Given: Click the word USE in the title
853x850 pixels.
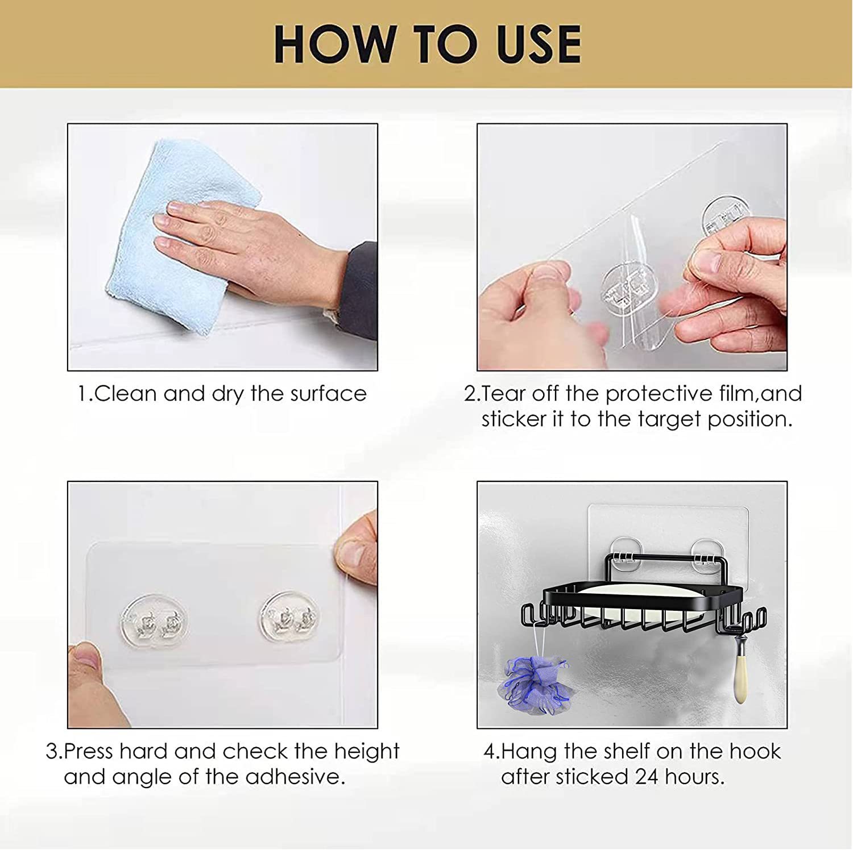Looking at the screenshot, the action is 539,44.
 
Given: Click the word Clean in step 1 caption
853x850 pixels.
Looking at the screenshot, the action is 126,394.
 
